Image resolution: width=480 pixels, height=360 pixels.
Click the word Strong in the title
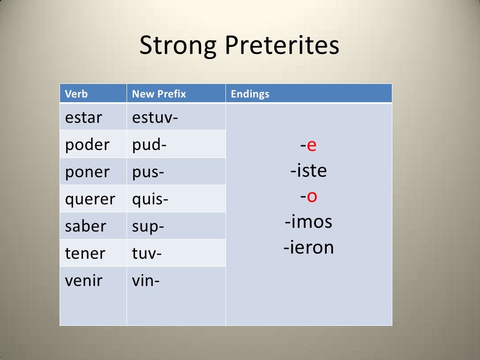pos(179,46)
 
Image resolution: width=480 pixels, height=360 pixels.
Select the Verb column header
pos(76,94)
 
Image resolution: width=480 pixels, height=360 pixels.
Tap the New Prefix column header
pos(159,94)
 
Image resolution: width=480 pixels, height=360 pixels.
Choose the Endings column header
pos(250,94)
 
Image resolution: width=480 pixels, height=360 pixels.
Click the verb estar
pos(83,117)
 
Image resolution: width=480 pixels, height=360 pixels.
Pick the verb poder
pos(87,144)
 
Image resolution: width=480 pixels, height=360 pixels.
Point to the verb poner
pos(87,172)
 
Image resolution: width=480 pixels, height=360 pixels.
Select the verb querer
pos(90,199)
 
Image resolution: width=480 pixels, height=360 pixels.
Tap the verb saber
pos(86,226)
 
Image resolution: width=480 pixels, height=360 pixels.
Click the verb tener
pos(85,253)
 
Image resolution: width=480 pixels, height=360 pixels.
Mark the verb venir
pos(84,281)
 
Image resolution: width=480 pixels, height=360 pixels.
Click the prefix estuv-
pos(155,117)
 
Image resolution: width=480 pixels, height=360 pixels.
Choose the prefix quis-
pos(150,199)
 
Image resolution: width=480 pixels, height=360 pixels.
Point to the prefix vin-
pos(146,281)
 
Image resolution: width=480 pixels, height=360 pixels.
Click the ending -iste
pos(308,171)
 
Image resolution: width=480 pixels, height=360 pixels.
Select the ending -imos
pos(308,221)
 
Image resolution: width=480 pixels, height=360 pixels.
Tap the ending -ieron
pos(308,247)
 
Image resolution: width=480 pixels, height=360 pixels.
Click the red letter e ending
pos(312,146)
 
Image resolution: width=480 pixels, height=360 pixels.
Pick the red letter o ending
pos(312,196)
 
